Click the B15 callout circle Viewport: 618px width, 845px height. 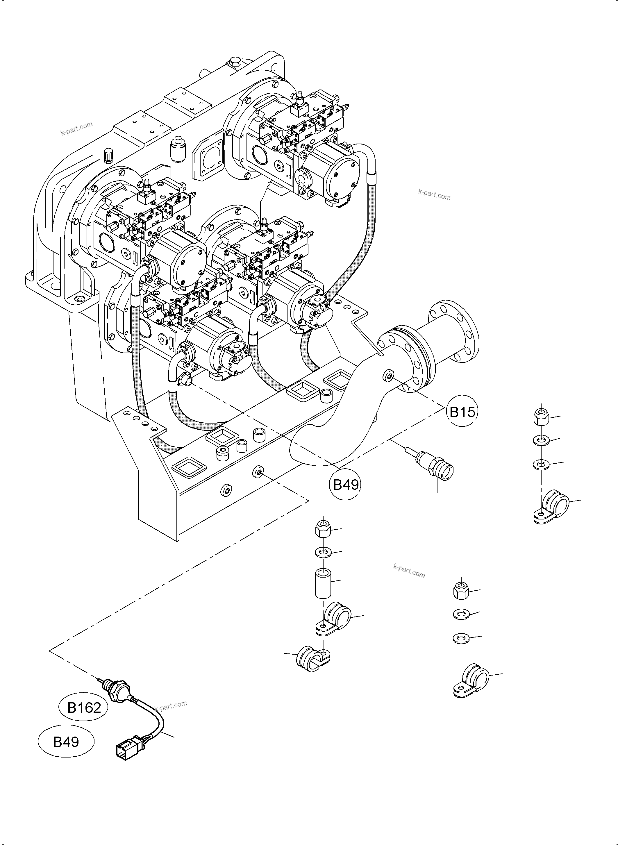[462, 412]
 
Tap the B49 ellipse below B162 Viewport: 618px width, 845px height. [66, 742]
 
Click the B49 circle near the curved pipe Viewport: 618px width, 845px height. [346, 485]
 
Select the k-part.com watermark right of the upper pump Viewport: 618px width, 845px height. [434, 194]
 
